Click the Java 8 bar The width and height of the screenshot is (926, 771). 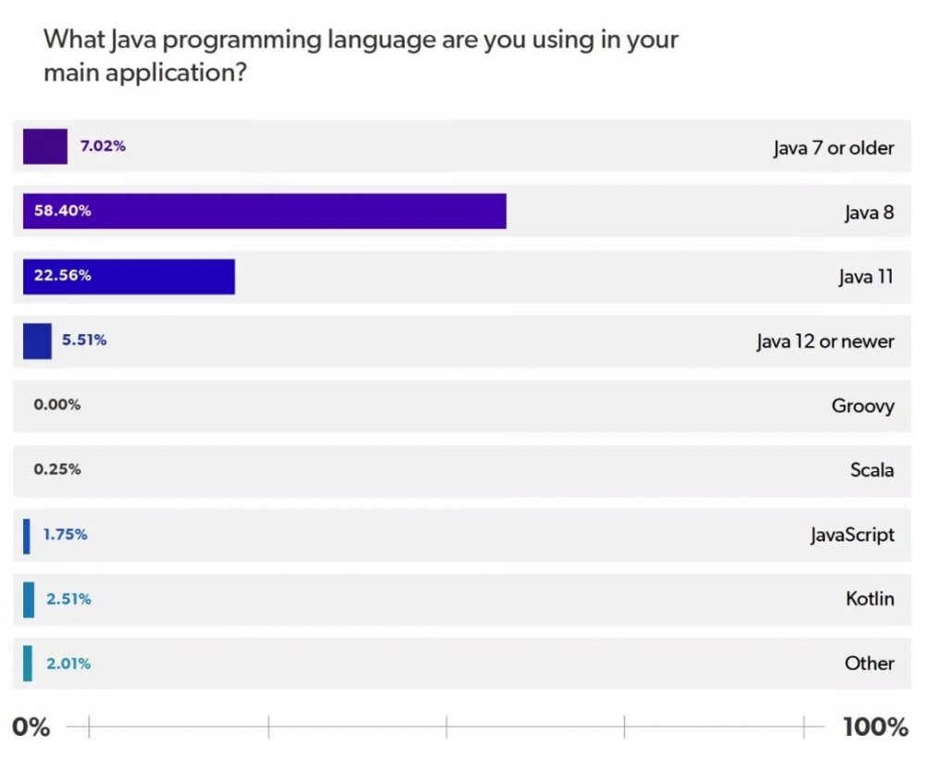(x=264, y=211)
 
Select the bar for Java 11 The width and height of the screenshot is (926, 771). (x=129, y=276)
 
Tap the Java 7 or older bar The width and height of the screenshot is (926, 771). (x=44, y=146)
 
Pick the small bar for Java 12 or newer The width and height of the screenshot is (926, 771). (x=37, y=341)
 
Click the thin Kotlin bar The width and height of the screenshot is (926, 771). (x=29, y=599)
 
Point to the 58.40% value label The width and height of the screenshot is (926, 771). (x=62, y=211)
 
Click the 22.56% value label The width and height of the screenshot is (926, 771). (x=62, y=276)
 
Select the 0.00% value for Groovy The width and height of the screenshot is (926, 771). (x=56, y=404)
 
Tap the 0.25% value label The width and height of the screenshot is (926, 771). (x=56, y=469)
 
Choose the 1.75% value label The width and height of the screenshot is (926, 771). (x=66, y=534)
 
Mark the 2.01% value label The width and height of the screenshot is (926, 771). (x=69, y=664)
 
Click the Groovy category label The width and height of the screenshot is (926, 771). (x=862, y=405)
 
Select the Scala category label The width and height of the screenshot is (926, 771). (x=871, y=470)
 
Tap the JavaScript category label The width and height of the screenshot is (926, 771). (x=852, y=535)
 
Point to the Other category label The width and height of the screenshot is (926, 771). (x=869, y=664)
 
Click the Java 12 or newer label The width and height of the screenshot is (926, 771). (x=824, y=342)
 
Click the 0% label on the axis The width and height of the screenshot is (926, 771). (x=31, y=727)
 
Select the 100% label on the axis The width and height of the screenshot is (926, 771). (x=875, y=727)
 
